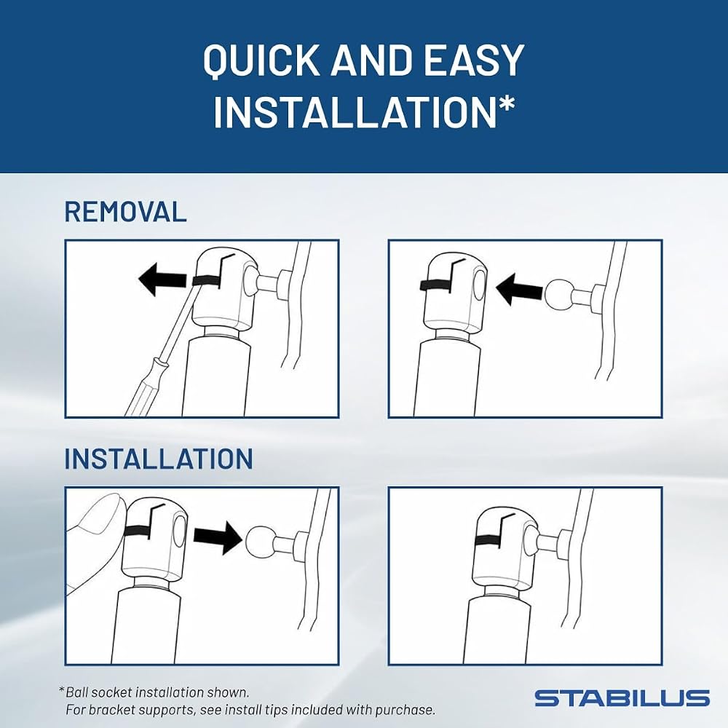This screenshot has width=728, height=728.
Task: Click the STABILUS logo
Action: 622,698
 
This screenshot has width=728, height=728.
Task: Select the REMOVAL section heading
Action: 125,212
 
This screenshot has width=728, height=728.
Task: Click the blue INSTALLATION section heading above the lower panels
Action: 158,459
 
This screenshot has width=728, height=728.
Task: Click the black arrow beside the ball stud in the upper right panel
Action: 519,289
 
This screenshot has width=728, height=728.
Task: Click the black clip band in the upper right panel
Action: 435,286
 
